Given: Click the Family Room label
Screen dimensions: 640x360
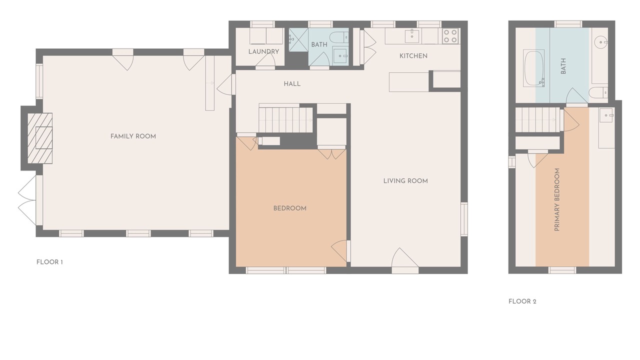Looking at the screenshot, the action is tap(133, 136).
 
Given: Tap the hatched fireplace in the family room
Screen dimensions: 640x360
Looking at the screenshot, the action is tap(40, 138).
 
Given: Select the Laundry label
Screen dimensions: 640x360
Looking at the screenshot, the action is tap(263, 51).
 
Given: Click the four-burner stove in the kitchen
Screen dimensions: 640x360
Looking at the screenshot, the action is tap(450, 36).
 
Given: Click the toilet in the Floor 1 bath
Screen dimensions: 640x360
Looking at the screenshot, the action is tap(339, 37).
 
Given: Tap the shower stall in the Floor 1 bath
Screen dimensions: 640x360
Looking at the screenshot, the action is tap(298, 39).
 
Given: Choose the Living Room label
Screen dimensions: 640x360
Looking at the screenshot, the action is tap(405, 181).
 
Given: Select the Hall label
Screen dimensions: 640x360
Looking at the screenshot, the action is tap(292, 84).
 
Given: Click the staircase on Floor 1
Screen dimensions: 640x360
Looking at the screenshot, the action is tap(286, 118).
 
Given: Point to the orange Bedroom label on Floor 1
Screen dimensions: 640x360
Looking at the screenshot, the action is tap(289, 208).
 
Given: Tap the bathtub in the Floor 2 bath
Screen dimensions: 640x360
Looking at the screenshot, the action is tap(533, 68).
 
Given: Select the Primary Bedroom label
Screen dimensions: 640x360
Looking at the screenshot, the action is tap(557, 199).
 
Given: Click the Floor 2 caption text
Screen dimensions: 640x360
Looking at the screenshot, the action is tap(522, 301).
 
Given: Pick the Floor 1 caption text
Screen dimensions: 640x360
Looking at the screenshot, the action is tap(49, 262).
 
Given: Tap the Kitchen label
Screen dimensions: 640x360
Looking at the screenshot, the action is tap(413, 56).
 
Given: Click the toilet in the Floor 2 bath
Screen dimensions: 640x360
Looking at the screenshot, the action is tap(598, 92).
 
